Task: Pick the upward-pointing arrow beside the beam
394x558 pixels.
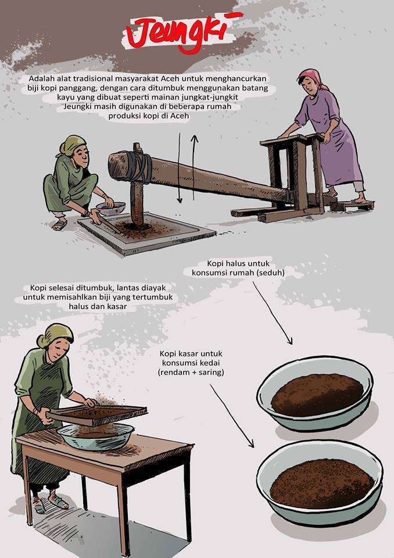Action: (x=194, y=167)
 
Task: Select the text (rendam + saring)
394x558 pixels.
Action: (x=191, y=373)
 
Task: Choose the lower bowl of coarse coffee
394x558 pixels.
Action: (x=320, y=482)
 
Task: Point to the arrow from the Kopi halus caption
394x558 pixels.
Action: (x=273, y=313)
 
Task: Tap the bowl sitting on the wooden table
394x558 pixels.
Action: (x=95, y=437)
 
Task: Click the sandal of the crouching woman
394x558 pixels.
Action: (x=59, y=224)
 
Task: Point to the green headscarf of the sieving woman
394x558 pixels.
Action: (x=56, y=335)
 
